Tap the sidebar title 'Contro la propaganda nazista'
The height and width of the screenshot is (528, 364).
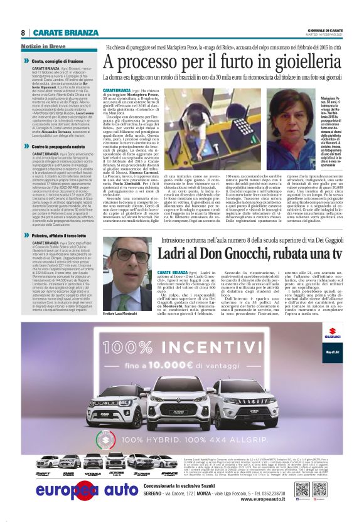(x=59, y=146)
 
